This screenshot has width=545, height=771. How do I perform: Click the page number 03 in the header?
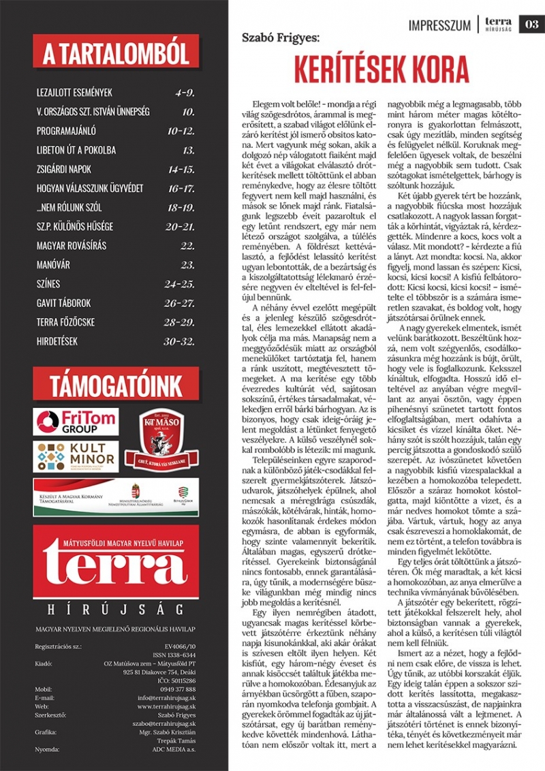531,25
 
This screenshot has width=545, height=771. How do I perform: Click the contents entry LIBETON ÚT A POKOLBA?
76,150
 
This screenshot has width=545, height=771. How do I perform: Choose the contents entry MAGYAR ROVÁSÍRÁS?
72,246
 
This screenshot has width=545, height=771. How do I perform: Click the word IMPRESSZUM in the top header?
439,25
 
